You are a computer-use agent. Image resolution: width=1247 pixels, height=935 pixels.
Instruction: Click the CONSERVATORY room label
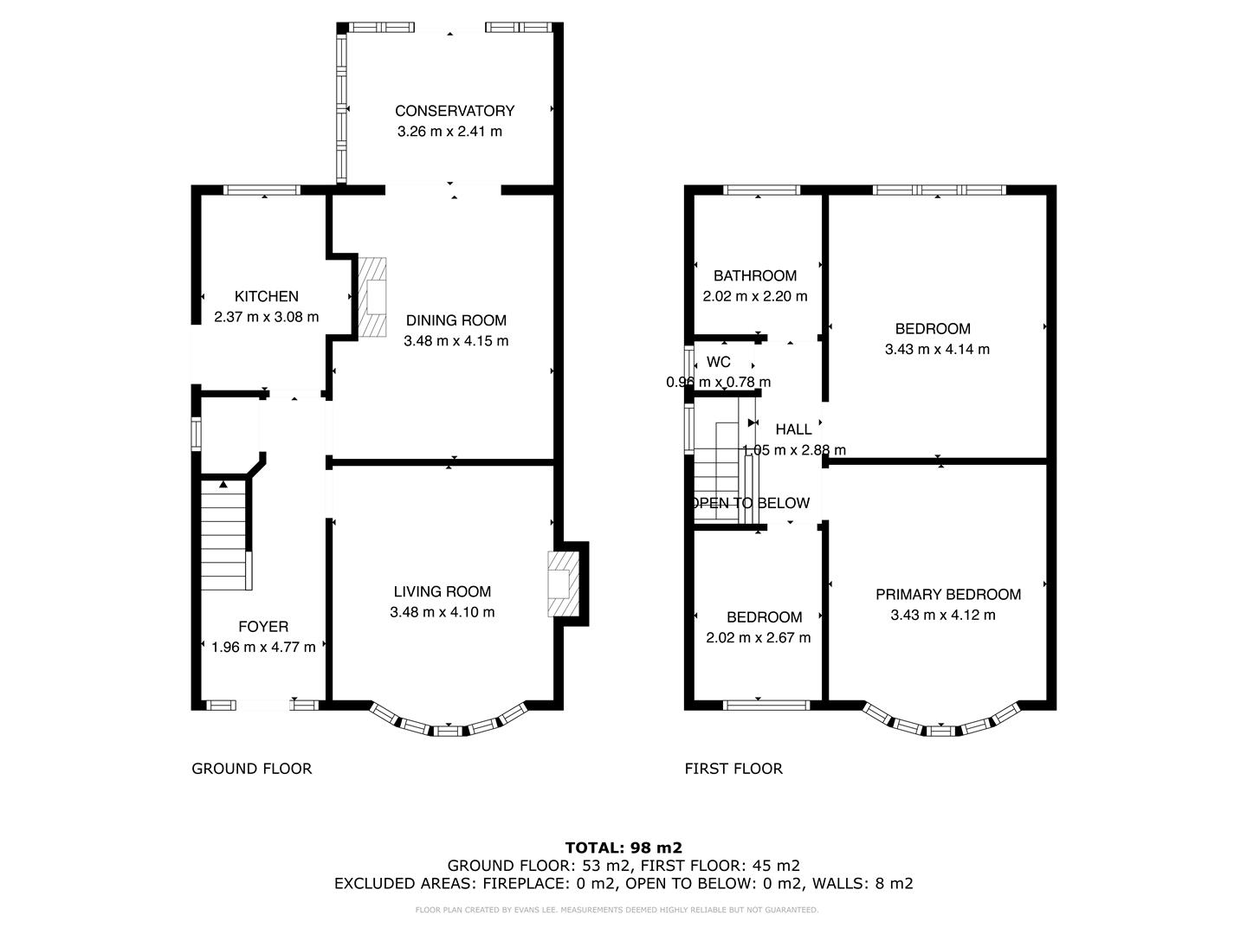455,111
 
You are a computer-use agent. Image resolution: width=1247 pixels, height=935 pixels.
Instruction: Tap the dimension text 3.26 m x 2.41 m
449,132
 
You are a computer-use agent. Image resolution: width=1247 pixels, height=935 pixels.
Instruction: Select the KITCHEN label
266,296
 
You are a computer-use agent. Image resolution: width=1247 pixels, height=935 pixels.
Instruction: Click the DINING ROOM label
456,320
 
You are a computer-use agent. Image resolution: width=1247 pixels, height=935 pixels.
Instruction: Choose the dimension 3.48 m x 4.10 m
443,612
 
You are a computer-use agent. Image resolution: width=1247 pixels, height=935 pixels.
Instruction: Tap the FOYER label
263,627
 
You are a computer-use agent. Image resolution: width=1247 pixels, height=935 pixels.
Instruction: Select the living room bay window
448,725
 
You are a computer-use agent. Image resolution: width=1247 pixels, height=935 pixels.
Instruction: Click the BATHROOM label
755,276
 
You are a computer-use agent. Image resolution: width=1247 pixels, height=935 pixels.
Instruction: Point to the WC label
719,362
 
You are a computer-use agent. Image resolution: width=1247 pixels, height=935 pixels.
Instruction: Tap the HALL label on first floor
793,429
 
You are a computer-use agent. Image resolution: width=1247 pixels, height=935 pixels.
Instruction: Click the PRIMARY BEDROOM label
948,595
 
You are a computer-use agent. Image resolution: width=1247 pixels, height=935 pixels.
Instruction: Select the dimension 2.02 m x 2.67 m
759,638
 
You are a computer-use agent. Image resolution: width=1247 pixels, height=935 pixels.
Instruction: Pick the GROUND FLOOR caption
251,769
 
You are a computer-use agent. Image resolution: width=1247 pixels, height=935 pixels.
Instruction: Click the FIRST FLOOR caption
733,769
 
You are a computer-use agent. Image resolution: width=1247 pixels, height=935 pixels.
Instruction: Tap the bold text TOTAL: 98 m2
623,848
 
